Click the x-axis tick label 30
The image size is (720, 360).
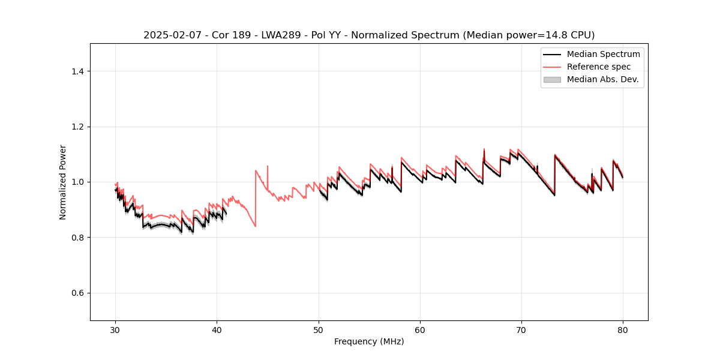coord(115,329)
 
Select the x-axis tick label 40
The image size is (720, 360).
coord(217,329)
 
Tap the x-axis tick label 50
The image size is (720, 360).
coord(319,329)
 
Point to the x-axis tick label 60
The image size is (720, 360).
coord(420,329)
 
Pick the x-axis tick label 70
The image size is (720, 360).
coord(521,329)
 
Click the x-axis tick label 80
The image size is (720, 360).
coord(623,329)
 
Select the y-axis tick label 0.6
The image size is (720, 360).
coord(77,293)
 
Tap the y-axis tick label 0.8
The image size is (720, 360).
coord(77,238)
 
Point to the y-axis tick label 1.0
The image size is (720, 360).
coord(77,182)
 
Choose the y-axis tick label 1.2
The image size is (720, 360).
coord(77,127)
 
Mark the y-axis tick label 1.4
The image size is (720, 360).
coord(77,71)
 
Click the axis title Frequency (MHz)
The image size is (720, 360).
coord(369,341)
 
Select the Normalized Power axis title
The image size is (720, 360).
coord(63,182)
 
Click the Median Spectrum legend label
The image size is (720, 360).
coord(603,54)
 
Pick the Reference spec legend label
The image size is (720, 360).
coord(599,67)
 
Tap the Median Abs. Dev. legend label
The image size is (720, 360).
coord(603,79)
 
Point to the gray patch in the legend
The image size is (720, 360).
coord(552,79)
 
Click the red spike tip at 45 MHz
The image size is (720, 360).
coord(268,166)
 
